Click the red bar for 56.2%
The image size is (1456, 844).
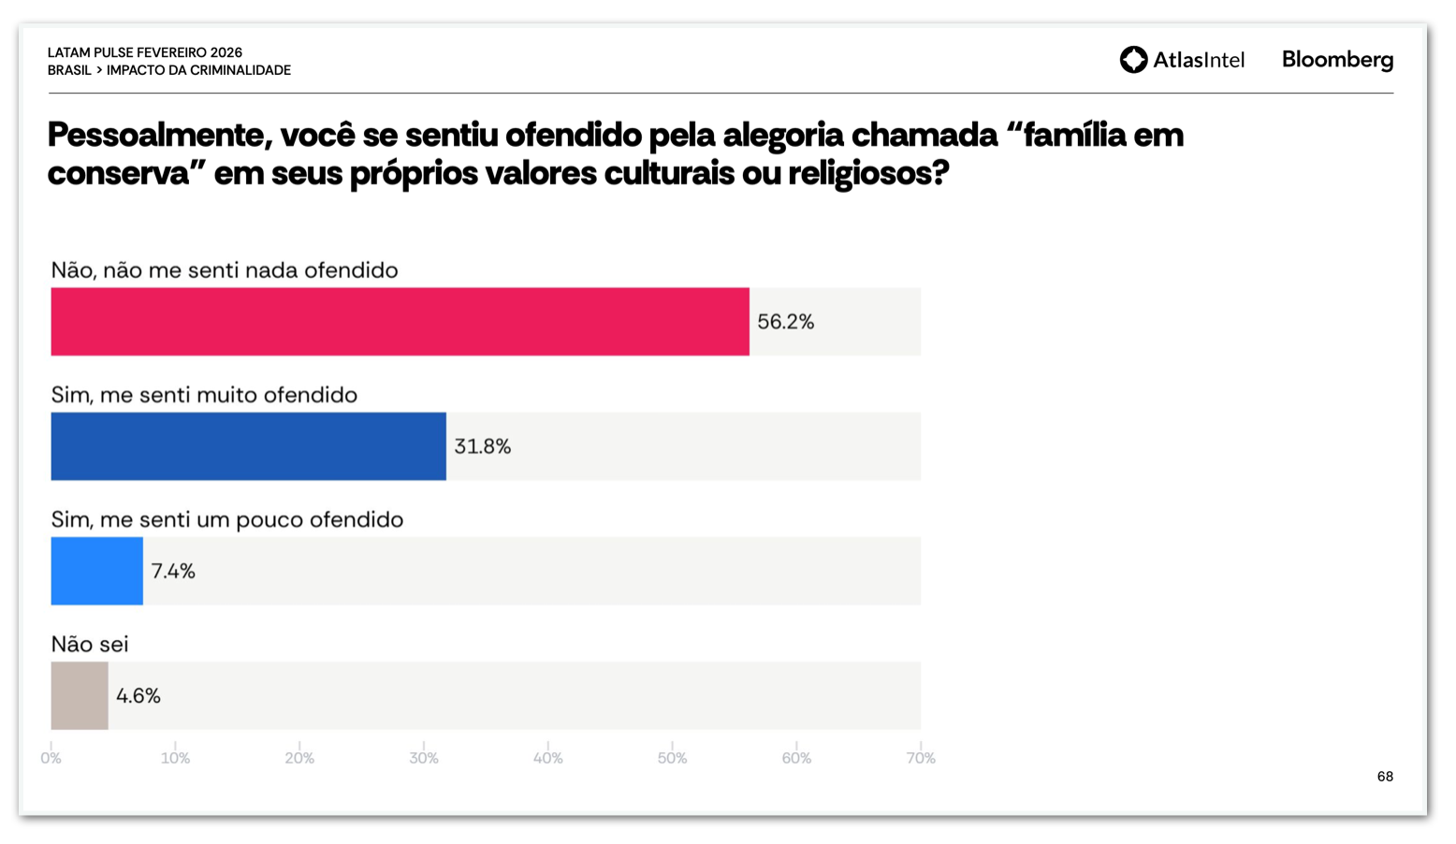click(400, 322)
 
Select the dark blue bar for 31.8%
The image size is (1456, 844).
click(248, 446)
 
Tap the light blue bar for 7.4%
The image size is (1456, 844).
click(96, 571)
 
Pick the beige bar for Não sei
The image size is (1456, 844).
click(80, 695)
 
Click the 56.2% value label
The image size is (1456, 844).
click(785, 322)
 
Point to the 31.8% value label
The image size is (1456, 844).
click(482, 446)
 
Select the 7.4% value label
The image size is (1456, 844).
click(173, 571)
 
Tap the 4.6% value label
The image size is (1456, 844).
click(138, 695)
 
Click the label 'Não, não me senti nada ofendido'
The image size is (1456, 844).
click(225, 270)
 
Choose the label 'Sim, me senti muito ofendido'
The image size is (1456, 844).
click(204, 395)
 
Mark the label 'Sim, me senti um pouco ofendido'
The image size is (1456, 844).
click(227, 519)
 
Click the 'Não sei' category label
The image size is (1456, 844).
click(90, 644)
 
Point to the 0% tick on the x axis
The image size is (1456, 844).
click(51, 758)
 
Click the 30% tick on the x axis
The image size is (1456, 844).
click(424, 758)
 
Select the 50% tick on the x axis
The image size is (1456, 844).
click(672, 758)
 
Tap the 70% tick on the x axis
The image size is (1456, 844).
click(921, 758)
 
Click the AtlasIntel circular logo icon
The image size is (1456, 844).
click(1133, 60)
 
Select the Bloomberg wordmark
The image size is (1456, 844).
click(1337, 60)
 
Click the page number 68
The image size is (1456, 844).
click(1385, 777)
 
